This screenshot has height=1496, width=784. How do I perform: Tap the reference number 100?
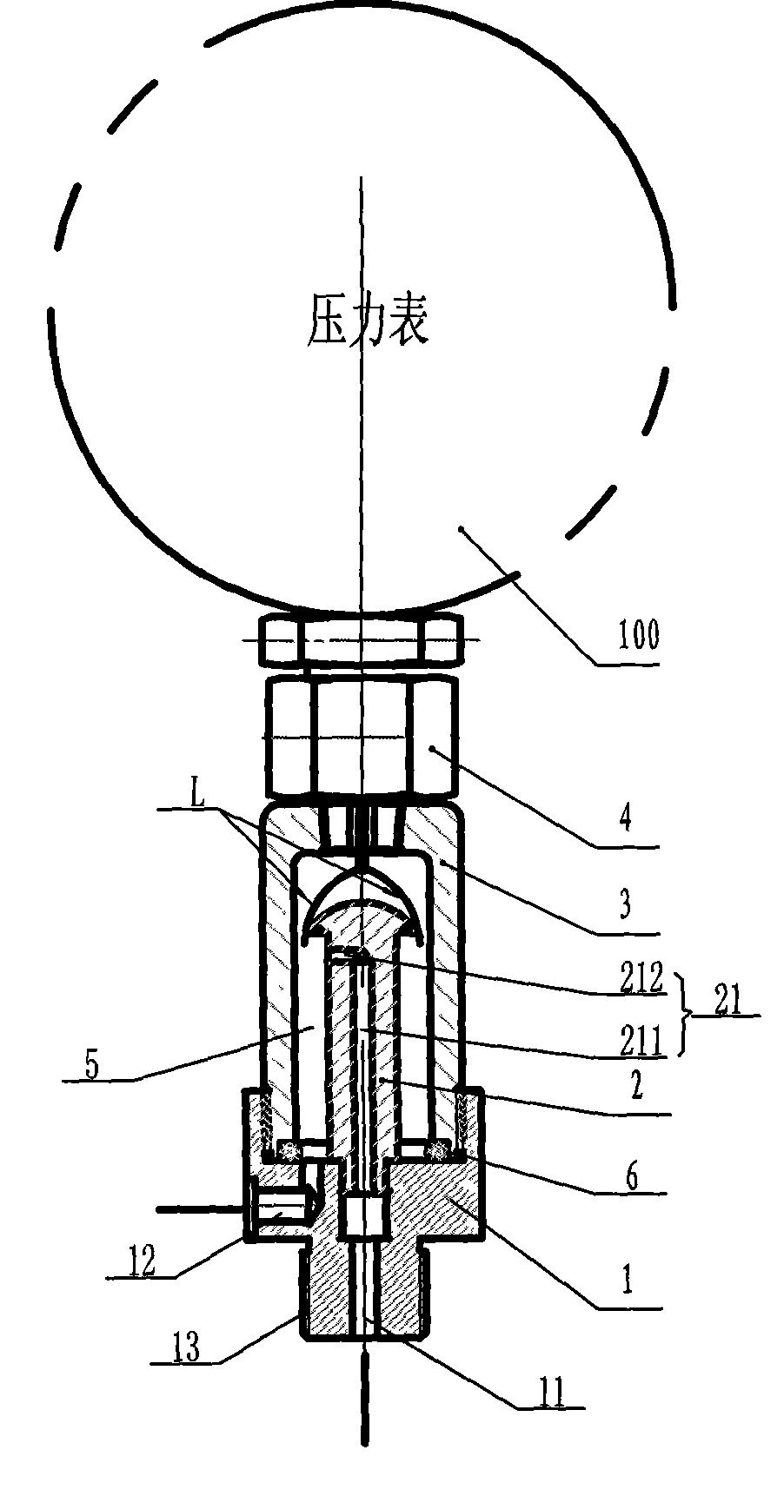638,636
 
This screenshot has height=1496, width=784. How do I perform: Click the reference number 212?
641,979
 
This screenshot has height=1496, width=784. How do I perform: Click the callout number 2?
636,1086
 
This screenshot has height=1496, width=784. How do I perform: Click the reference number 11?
551,1393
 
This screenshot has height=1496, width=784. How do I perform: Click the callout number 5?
92,1065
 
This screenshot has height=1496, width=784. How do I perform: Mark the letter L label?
197,796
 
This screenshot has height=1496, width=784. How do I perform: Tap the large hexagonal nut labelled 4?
361,738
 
